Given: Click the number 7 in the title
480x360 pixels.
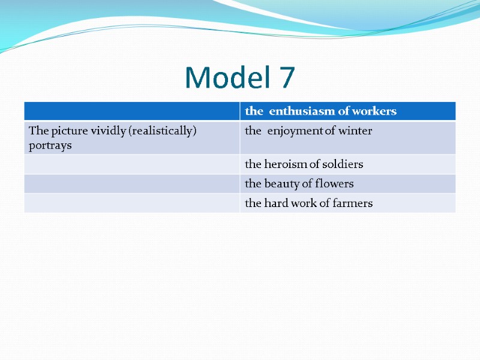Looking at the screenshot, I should coord(287,77).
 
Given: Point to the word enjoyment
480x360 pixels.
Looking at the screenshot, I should coord(295,131).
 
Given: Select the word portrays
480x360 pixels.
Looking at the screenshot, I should coord(50,145).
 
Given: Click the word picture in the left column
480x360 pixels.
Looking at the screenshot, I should coord(65,131).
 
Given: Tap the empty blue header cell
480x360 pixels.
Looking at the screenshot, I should coord(132,111).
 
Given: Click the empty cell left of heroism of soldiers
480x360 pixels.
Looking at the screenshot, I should coord(132,164).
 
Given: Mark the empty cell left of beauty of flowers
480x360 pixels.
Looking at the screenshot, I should coord(132,184).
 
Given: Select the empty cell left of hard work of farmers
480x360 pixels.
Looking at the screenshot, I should coord(132,203).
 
